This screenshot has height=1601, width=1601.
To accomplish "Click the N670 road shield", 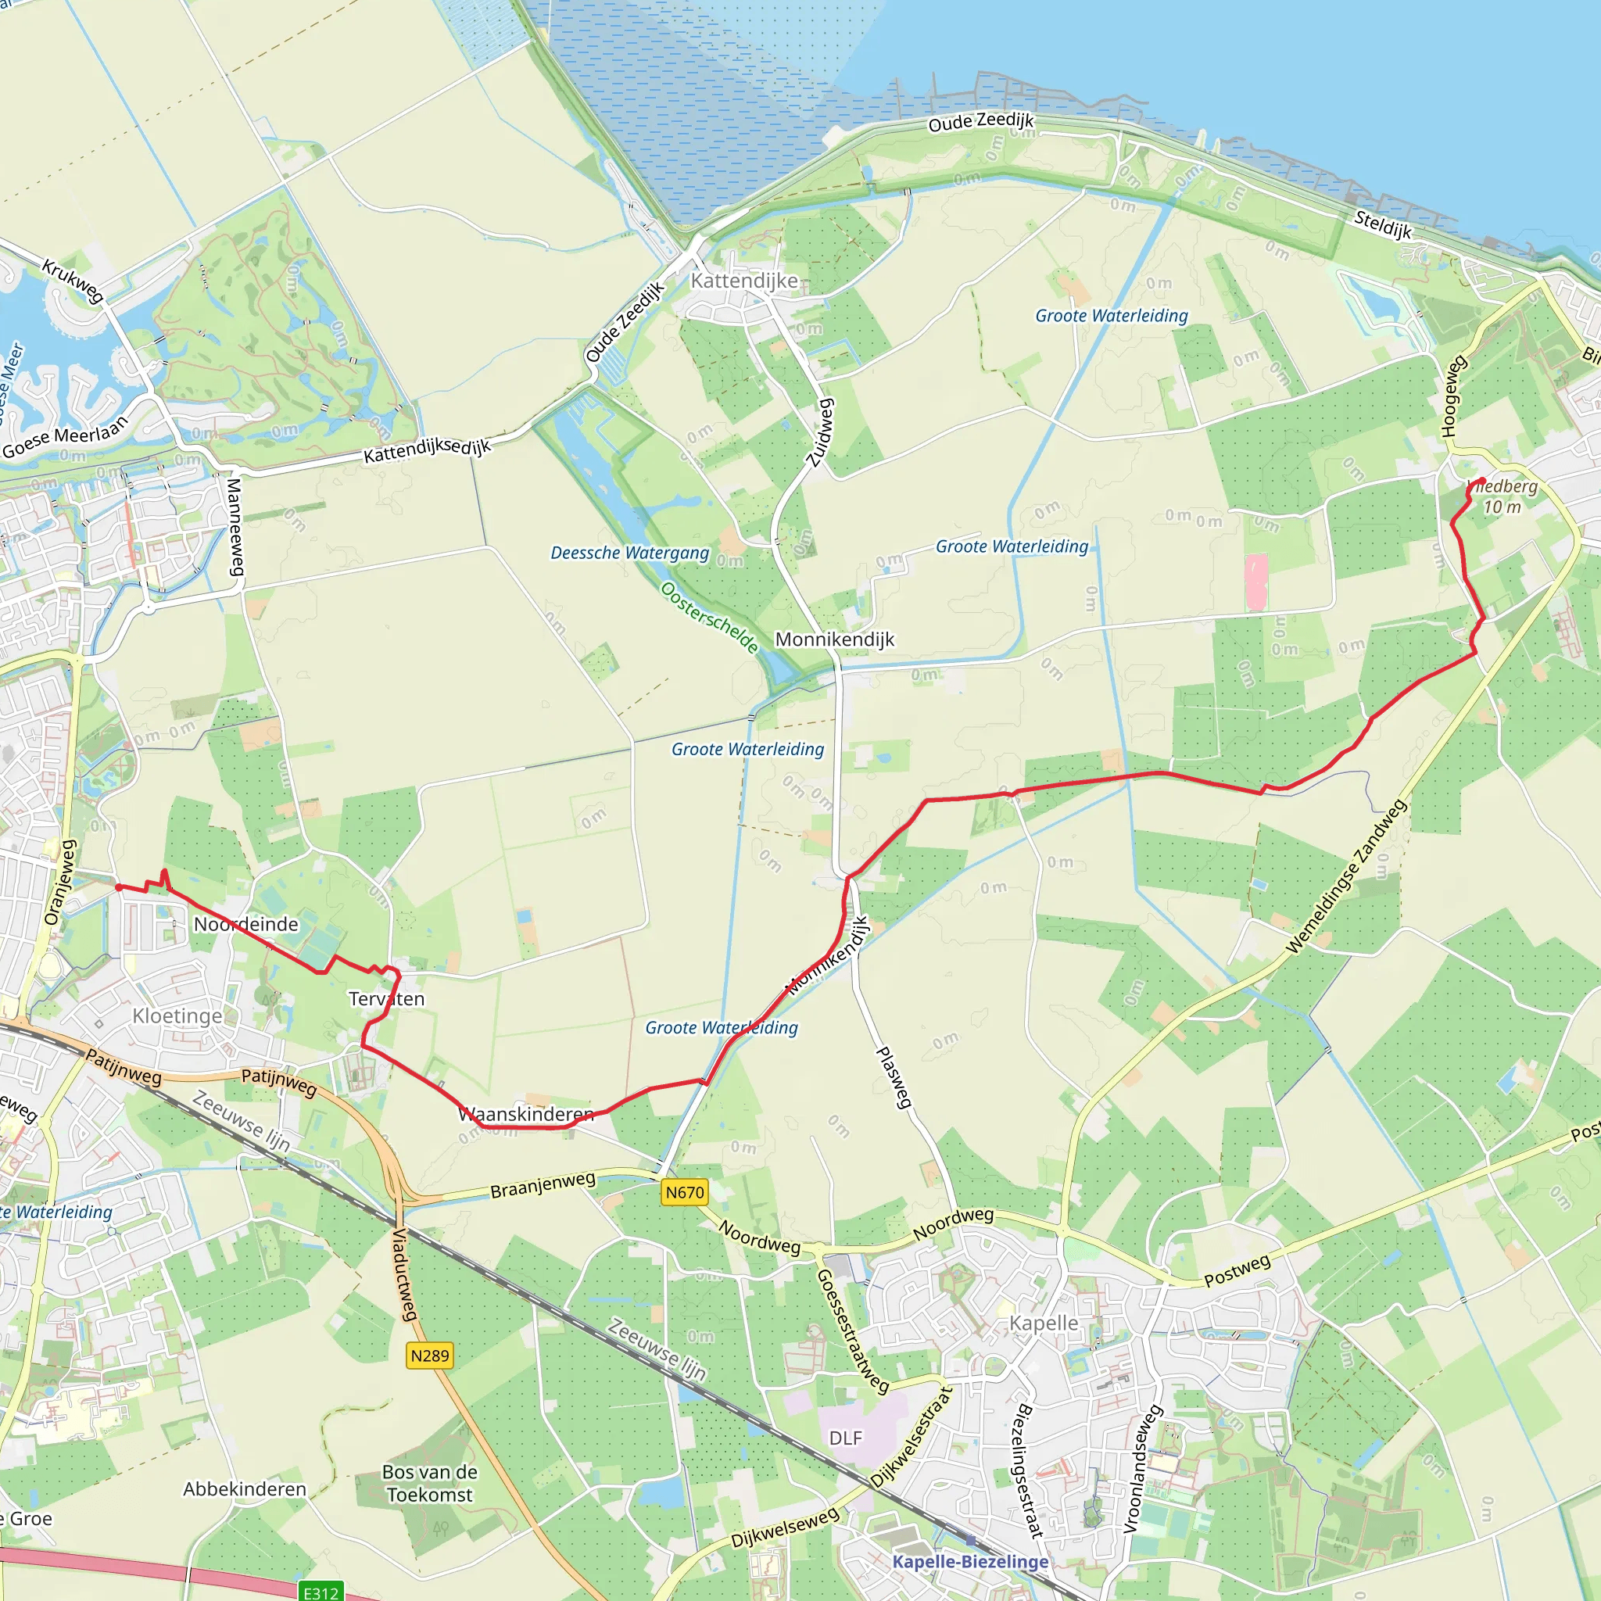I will pyautogui.click(x=685, y=1192).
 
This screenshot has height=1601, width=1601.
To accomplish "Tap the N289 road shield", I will pyautogui.click(x=429, y=1356).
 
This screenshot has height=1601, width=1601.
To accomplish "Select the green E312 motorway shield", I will pyautogui.click(x=321, y=1592).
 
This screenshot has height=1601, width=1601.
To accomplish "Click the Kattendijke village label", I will pyautogui.click(x=744, y=281).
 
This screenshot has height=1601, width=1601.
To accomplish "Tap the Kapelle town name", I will pyautogui.click(x=1044, y=1323).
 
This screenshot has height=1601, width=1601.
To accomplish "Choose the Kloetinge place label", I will pyautogui.click(x=177, y=1016).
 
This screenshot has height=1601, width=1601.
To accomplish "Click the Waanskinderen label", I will pyautogui.click(x=526, y=1115).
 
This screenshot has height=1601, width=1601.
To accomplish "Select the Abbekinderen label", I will pyautogui.click(x=245, y=1489).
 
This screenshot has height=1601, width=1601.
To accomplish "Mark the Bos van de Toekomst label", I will pyautogui.click(x=429, y=1483).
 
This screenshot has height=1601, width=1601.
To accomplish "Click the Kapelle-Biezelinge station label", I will pyautogui.click(x=970, y=1561).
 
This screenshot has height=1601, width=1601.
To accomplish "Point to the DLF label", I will pyautogui.click(x=845, y=1438).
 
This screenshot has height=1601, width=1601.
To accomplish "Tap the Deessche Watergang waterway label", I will pyautogui.click(x=630, y=553).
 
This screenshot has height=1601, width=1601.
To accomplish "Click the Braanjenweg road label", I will pyautogui.click(x=543, y=1185).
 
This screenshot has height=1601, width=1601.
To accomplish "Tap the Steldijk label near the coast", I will pyautogui.click(x=1382, y=224).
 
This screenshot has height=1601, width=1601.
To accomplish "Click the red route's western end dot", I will pyautogui.click(x=120, y=887).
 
